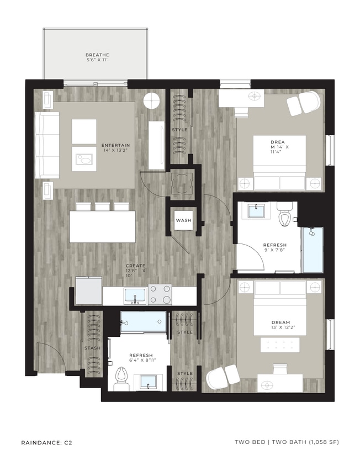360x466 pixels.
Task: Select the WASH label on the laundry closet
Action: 183,220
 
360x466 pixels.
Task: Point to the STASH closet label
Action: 92,348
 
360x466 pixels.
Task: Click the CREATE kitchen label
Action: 135,270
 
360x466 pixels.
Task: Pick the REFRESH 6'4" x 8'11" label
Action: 141,358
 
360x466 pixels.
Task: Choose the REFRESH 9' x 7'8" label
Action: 274,248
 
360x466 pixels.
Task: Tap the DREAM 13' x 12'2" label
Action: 280,325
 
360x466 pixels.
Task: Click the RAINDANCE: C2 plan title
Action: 47,442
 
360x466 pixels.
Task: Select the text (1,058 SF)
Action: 319,442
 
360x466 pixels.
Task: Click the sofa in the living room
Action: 46,145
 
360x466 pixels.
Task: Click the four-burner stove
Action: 160,295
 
